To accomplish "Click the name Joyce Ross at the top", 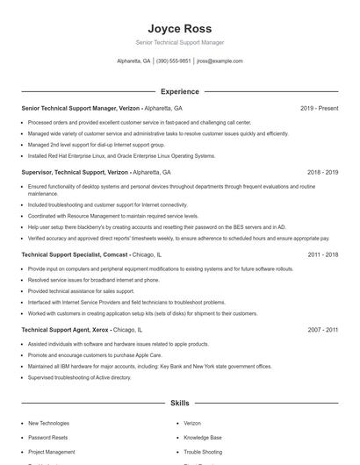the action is tap(179, 28).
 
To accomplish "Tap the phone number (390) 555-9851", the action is tap(173, 61).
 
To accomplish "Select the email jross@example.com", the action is tap(220, 61).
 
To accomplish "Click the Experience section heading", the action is tap(179, 91).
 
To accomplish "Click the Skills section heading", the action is tap(179, 403).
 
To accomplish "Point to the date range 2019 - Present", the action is tap(319, 108).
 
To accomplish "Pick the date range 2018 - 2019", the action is tap(322, 173).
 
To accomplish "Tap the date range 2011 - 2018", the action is tap(322, 254).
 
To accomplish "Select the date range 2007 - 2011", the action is tap(322, 330).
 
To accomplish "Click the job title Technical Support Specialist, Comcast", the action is tap(75, 254).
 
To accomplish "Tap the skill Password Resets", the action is tap(47, 437).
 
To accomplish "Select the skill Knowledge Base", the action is tap(203, 437).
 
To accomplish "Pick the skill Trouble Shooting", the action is tap(203, 452).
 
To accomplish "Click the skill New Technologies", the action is tap(48, 423).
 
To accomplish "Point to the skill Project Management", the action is tap(51, 452).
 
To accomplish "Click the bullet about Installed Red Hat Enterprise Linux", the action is tap(121, 155).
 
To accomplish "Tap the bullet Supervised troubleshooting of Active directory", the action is tap(79, 377).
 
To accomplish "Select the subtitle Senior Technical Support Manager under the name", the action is tap(179, 42).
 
